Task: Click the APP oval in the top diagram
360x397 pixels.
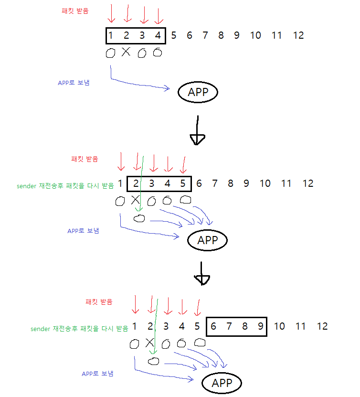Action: [198, 92]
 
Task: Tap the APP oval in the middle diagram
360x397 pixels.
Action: [207, 240]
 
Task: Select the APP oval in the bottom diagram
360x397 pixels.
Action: [222, 383]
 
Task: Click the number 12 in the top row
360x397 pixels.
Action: [298, 35]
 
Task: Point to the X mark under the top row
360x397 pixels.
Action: [126, 52]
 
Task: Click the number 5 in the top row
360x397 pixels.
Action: [174, 35]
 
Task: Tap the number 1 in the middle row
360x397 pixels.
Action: [120, 183]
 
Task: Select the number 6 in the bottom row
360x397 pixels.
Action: [213, 327]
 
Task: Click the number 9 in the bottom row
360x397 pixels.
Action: [260, 327]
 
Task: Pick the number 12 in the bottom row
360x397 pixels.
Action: [322, 327]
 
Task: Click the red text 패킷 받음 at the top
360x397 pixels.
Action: [75, 11]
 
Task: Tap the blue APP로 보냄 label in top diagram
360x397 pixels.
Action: [74, 83]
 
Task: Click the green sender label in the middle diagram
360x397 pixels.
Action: [65, 186]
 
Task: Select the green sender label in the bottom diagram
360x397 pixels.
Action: [79, 329]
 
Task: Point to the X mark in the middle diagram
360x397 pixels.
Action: [135, 200]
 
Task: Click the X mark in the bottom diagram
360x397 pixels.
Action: [149, 343]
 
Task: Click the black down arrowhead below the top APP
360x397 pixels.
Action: [198, 139]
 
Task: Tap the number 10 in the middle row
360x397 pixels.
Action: [265, 183]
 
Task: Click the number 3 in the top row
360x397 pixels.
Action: [142, 35]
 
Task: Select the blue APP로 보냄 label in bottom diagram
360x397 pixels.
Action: [97, 373]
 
